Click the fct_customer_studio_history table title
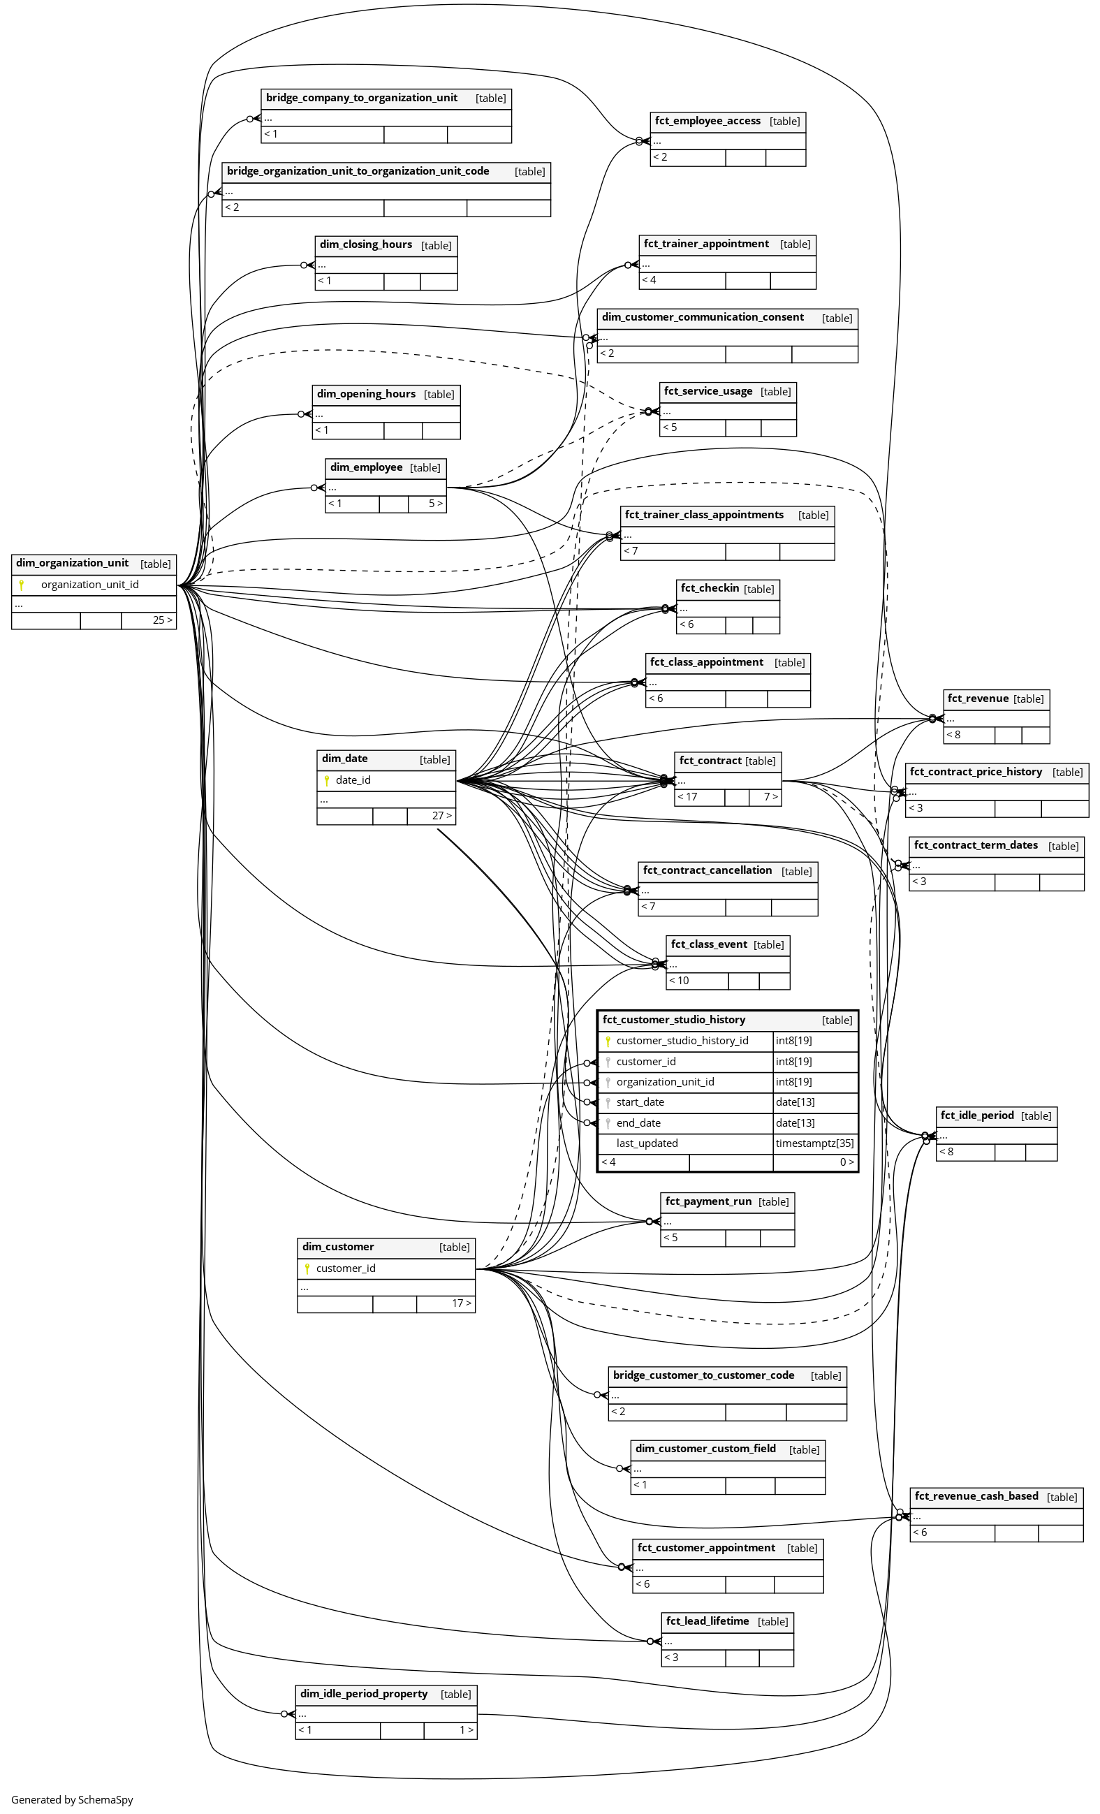(x=674, y=1020)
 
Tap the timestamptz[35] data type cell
(x=814, y=1143)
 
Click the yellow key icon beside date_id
(x=327, y=780)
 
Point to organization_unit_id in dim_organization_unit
(x=90, y=585)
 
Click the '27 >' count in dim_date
(x=442, y=816)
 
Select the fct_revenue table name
(x=978, y=698)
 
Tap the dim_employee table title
(x=366, y=467)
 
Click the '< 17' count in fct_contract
(x=688, y=796)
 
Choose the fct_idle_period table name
(x=977, y=1116)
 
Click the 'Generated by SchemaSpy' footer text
(x=72, y=1800)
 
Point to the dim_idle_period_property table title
(x=364, y=1694)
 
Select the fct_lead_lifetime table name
(x=707, y=1621)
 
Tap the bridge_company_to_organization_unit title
(x=362, y=98)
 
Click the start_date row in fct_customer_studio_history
(x=640, y=1102)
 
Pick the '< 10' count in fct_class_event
(x=679, y=981)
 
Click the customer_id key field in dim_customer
(x=345, y=1268)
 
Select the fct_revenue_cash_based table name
(x=976, y=1496)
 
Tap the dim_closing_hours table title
(x=366, y=244)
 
